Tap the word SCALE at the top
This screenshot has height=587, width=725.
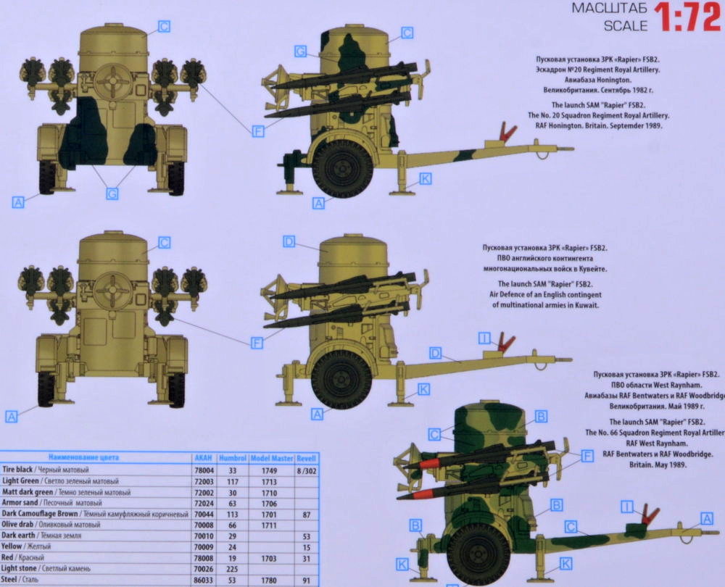[626, 26]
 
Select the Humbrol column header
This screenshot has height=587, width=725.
[233, 459]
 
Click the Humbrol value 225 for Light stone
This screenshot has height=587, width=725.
[233, 570]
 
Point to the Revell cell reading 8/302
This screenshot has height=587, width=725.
[307, 470]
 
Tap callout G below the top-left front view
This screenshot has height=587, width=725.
[112, 193]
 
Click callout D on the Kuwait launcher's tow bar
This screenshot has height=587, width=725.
[435, 353]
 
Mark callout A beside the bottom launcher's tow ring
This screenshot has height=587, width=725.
[706, 517]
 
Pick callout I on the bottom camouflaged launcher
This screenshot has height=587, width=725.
[627, 507]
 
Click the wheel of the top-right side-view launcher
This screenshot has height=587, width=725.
[343, 168]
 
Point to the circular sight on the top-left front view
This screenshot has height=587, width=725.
[112, 81]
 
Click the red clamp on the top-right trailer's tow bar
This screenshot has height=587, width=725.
[507, 133]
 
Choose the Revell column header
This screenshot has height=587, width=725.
[307, 459]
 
